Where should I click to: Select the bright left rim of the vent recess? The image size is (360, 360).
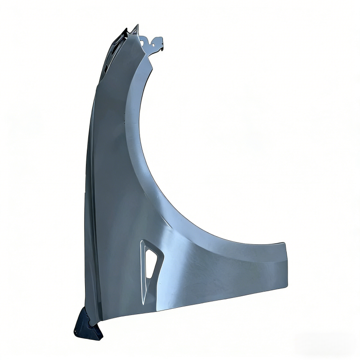tap(142, 270)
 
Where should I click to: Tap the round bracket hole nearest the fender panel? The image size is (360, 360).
tap(145, 41)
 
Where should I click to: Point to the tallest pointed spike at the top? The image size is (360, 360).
tap(138, 26)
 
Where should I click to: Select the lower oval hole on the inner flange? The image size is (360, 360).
tap(104, 67)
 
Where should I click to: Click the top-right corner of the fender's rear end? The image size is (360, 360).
tap(284, 243)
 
